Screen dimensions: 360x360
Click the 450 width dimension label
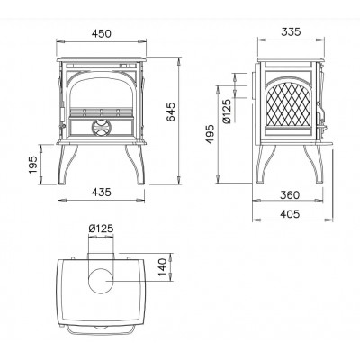coord(102,33)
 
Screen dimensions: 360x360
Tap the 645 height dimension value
coord(171,112)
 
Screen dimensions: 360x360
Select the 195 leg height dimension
coord(32,164)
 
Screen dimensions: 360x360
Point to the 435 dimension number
coord(102,192)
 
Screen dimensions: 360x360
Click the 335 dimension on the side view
coord(291,31)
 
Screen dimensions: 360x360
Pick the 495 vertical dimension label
coord(211,134)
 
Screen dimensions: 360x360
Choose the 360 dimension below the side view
coord(290,195)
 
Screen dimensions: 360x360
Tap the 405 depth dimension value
coord(290,214)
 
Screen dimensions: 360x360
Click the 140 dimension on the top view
coord(162,267)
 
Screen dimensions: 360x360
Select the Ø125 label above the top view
coord(101,229)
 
